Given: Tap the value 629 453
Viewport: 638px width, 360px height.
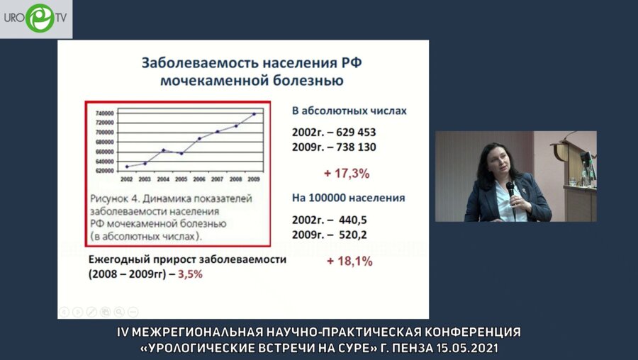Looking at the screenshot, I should pos(351,133).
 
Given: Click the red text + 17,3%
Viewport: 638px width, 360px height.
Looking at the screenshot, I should pos(347,172).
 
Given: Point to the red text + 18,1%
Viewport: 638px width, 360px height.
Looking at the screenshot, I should pos(349,261).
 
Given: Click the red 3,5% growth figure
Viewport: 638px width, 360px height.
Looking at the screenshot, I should pos(191,274).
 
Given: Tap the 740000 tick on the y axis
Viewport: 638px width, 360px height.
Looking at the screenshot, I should pos(105,113).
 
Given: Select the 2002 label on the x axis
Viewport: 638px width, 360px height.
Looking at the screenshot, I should pos(127,180).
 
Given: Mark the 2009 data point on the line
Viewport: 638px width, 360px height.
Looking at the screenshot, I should pos(254,113).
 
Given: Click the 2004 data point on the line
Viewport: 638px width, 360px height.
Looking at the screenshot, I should pos(163,150).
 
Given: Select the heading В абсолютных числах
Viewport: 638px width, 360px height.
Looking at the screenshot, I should pos(349,111).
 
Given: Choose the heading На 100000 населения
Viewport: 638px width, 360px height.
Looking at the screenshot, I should pos(349,198).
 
